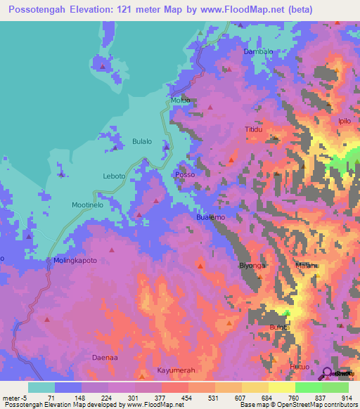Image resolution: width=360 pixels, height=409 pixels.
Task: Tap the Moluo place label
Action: [x=181, y=100]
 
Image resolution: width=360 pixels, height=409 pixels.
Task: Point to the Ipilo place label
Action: [x=345, y=121]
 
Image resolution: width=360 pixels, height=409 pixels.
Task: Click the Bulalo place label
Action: [x=142, y=141]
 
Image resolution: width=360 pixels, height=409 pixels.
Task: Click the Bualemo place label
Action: [x=210, y=219]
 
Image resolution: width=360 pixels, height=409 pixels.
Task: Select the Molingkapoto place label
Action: [x=75, y=261]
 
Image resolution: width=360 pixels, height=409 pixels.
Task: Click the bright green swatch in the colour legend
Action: [x=308, y=387]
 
